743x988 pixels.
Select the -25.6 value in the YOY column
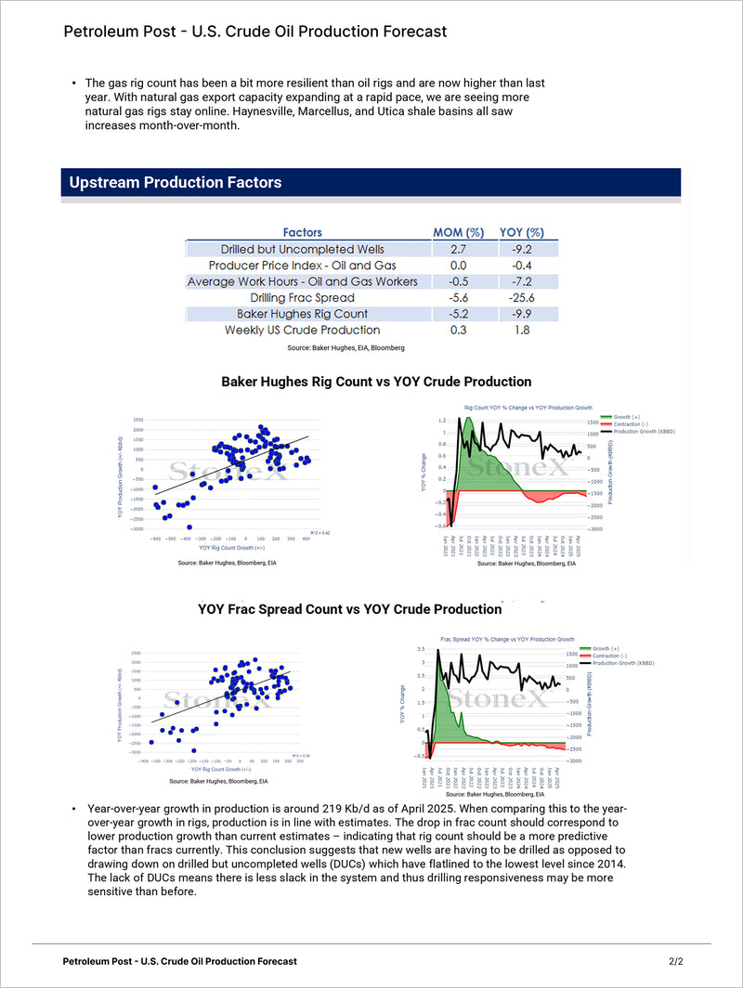(522, 297)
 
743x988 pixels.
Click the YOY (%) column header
(522, 232)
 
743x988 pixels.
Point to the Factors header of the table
(303, 232)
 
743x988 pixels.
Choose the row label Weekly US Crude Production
(303, 330)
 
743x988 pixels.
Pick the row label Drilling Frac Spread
(303, 297)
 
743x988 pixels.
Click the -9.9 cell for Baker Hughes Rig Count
(522, 314)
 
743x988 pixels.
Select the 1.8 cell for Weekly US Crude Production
(522, 330)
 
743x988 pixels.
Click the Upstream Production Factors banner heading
(176, 183)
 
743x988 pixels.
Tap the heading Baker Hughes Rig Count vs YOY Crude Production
(376, 382)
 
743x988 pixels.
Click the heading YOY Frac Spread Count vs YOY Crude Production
(350, 610)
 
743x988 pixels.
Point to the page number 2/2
(675, 961)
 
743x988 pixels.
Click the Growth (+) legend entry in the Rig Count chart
(628, 417)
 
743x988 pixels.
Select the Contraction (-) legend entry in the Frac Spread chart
(614, 656)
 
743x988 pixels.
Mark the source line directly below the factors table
(345, 347)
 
